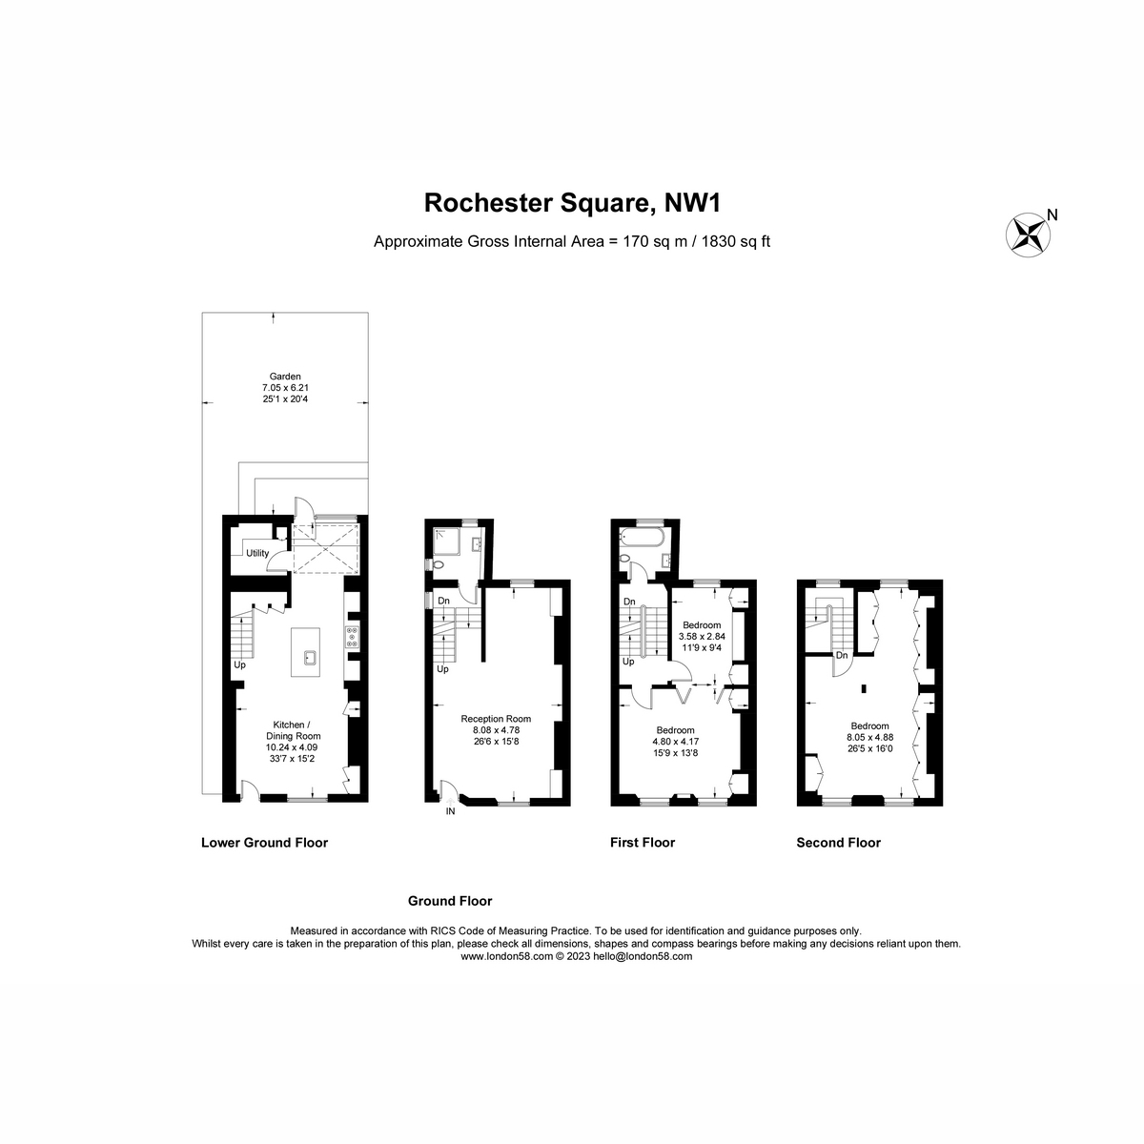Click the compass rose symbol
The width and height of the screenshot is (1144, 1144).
pos(1027,235)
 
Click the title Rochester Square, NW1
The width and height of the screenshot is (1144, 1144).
pos(572,203)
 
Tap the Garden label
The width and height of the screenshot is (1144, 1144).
pos(285,376)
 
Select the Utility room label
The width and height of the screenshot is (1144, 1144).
pos(257,553)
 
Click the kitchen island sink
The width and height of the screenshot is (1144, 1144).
pos(309,658)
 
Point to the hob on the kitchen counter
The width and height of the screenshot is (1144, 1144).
pos(352,636)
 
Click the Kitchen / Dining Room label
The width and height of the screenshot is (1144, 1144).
pos(293,730)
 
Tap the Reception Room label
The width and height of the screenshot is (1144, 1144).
pos(496,719)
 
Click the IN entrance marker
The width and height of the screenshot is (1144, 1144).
pos(450,811)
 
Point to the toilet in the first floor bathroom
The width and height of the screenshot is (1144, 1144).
pos(623,559)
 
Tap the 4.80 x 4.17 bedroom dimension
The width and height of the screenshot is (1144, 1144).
pos(675,742)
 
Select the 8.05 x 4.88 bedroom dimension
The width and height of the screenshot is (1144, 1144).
pos(869,737)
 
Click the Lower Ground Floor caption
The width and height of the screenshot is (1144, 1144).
pos(264,843)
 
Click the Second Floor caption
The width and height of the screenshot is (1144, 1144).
pos(838,843)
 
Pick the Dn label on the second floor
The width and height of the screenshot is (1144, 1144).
pos(841,655)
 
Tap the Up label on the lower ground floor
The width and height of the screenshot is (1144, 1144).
pos(239,664)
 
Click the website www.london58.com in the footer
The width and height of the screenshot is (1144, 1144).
pos(506,956)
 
